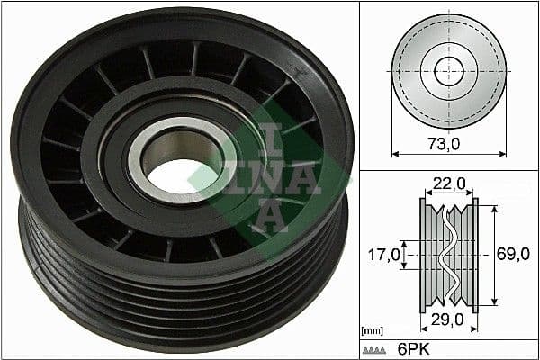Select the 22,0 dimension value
447,184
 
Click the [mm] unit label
371,331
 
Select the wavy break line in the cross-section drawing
447,255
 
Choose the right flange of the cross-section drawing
474,255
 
